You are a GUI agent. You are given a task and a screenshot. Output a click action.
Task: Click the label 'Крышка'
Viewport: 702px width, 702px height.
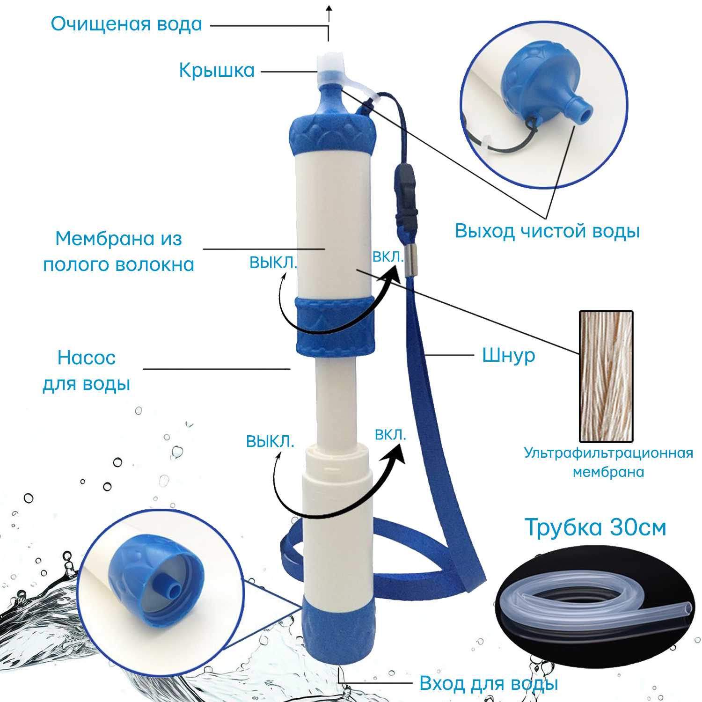[217, 71]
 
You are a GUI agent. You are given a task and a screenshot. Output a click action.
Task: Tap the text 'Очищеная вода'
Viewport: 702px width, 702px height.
[126, 24]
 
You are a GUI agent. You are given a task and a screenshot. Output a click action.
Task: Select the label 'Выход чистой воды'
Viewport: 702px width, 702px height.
[547, 231]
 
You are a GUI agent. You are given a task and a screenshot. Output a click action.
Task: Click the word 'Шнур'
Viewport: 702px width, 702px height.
[508, 355]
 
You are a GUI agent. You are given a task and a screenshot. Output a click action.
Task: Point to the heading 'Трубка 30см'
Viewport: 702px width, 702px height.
[595, 527]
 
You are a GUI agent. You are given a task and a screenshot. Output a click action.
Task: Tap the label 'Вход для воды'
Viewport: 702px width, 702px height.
[489, 683]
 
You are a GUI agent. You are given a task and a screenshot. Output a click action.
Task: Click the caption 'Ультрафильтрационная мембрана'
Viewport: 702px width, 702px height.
[608, 462]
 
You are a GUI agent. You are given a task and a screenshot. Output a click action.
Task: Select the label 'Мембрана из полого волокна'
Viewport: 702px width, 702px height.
[118, 251]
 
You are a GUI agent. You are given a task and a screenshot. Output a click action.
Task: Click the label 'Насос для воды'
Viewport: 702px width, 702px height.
[87, 371]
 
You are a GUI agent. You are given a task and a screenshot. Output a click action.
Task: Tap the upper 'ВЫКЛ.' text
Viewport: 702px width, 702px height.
[273, 263]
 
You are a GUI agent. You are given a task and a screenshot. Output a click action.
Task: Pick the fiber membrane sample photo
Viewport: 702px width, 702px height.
[606, 376]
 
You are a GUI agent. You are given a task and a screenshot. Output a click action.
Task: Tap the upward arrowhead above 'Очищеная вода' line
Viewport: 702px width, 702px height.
[329, 8]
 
